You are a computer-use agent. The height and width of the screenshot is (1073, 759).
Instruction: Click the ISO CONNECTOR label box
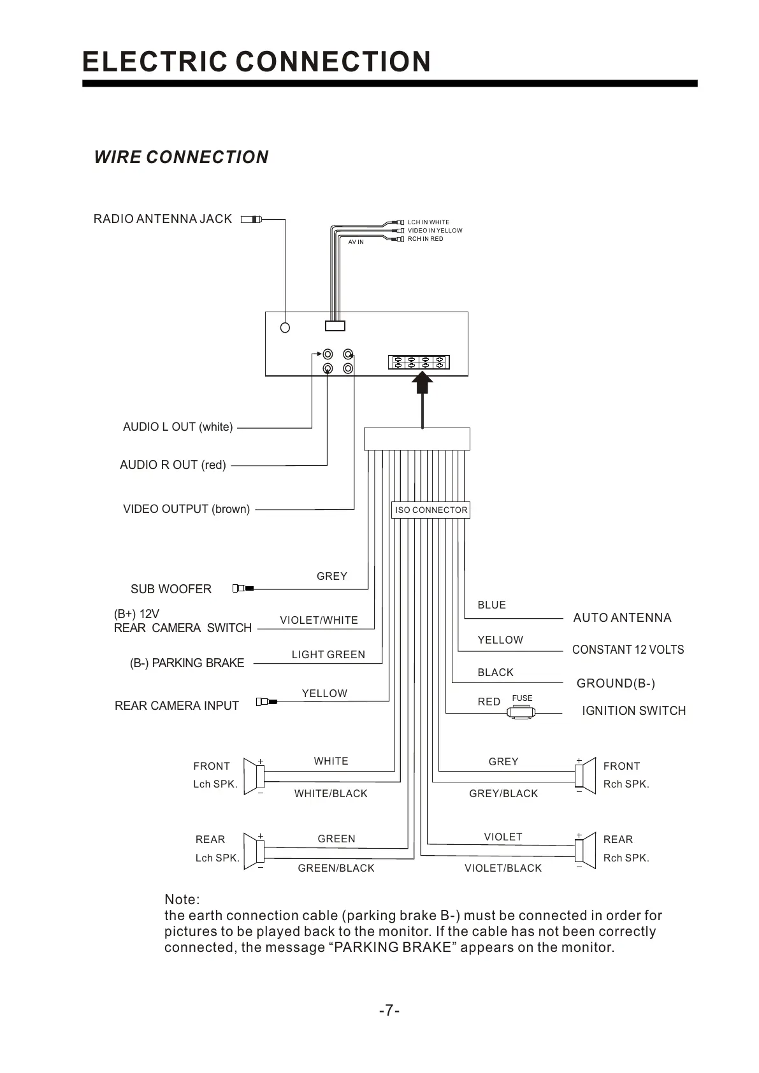click(431, 510)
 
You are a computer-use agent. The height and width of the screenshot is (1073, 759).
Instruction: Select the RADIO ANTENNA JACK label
click(163, 219)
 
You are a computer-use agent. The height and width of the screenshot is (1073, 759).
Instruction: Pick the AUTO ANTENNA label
click(622, 617)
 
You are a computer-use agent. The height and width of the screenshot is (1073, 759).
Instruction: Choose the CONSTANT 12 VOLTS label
click(628, 649)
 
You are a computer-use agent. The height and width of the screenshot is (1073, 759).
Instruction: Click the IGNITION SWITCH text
click(633, 710)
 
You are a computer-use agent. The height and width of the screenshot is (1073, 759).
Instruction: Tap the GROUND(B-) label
click(616, 683)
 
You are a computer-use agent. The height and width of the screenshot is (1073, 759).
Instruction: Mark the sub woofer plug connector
click(243, 588)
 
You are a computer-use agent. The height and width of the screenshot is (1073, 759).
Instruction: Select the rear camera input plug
click(266, 702)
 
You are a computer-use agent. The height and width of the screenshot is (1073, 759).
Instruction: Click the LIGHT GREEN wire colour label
click(328, 654)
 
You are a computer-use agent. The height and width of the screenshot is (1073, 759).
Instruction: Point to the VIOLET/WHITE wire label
click(319, 620)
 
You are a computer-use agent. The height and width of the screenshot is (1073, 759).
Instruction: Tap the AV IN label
click(356, 242)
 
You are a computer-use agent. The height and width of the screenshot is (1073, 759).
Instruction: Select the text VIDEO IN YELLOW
click(435, 231)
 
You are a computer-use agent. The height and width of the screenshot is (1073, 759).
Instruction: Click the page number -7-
click(389, 1011)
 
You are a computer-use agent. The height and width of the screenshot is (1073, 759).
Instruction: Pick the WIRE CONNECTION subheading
click(181, 157)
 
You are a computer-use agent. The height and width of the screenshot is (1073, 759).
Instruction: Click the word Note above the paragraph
click(182, 899)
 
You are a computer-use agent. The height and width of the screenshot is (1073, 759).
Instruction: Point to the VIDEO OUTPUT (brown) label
click(186, 509)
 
